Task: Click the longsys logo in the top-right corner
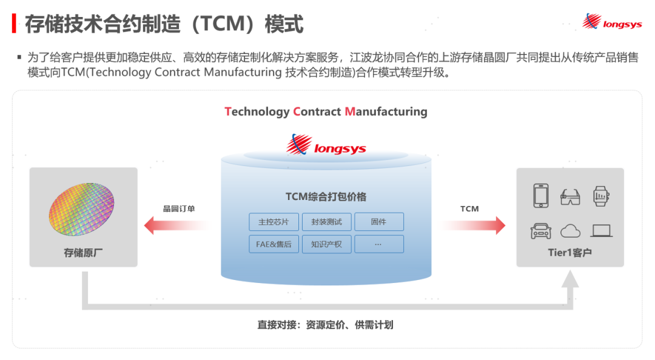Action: pos(612,22)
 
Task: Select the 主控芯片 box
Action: pos(274,222)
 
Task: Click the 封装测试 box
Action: pos(326,222)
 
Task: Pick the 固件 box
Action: pos(378,222)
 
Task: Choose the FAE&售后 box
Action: pos(274,244)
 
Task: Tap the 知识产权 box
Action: pos(326,244)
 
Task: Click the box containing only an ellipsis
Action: pos(378,244)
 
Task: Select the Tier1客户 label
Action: pos(569,253)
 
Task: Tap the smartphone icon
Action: pos(540,196)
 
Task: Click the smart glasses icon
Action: pos(571,196)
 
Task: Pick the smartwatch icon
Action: pos(600,196)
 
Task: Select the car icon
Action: pos(540,230)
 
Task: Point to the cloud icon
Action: pos(571,230)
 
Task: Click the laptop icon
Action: pos(601,230)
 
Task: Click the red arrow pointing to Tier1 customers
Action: pos(474,225)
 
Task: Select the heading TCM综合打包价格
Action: pos(326,197)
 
